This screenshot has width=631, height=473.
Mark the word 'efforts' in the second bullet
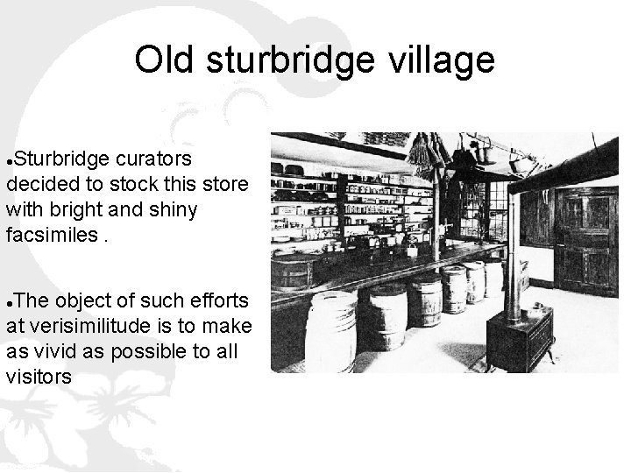point(217,302)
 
